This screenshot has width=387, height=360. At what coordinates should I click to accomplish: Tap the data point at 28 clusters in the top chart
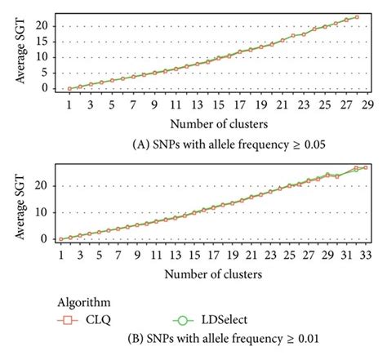357,16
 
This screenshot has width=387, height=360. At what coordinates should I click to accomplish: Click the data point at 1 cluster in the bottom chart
61,239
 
